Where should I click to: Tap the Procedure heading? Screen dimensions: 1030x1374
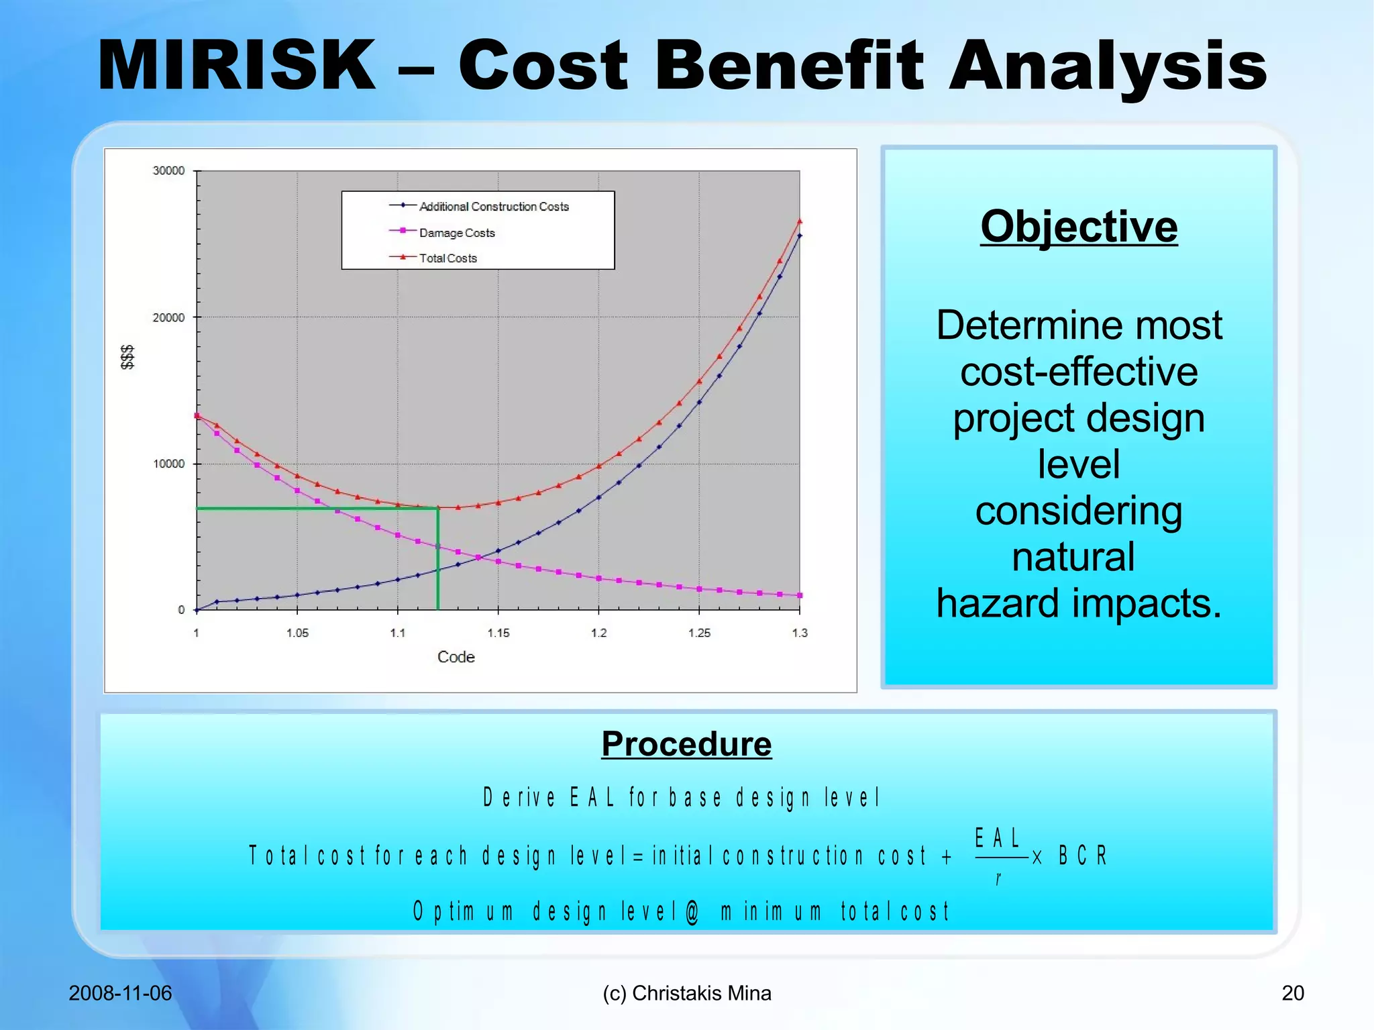coord(686,743)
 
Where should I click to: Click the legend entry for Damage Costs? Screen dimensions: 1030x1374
coord(456,233)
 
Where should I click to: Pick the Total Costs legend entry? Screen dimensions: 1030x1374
coord(447,258)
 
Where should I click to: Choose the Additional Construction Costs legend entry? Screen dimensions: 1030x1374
coord(493,207)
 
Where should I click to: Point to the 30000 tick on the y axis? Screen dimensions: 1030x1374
coord(168,171)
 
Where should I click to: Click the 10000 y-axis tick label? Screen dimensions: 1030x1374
coord(168,464)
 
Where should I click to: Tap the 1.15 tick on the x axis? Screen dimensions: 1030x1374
coord(498,633)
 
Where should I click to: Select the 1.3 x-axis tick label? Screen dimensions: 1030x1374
coord(800,633)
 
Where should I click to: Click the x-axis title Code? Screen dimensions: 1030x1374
coord(456,657)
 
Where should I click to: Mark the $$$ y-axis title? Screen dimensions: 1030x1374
coord(127,357)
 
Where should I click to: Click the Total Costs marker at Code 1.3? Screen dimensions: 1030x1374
coord(800,221)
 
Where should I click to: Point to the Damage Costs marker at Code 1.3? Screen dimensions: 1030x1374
coord(800,595)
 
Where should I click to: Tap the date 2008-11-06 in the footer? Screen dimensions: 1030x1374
coord(120,993)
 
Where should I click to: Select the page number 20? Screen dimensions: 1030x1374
coord(1293,993)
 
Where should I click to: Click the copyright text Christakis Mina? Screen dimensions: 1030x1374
coord(701,993)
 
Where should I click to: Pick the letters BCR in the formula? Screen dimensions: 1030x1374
coord(1083,856)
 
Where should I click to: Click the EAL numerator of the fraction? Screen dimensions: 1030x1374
coord(998,838)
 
